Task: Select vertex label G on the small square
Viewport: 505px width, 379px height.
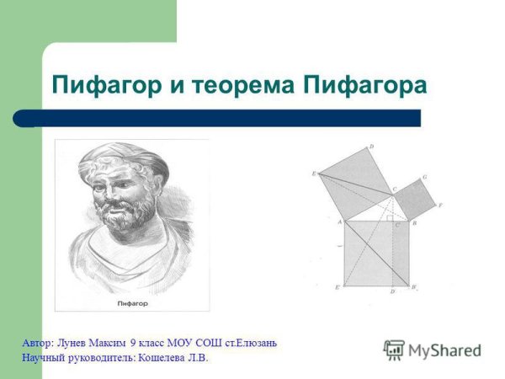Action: click(x=426, y=178)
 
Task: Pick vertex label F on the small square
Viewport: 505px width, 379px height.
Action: click(x=440, y=206)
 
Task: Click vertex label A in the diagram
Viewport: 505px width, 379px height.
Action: click(x=338, y=222)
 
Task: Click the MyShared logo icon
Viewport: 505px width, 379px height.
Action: click(x=394, y=350)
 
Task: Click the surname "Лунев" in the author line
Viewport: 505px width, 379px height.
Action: click(x=72, y=344)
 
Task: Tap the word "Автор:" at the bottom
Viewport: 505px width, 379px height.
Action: click(x=38, y=344)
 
